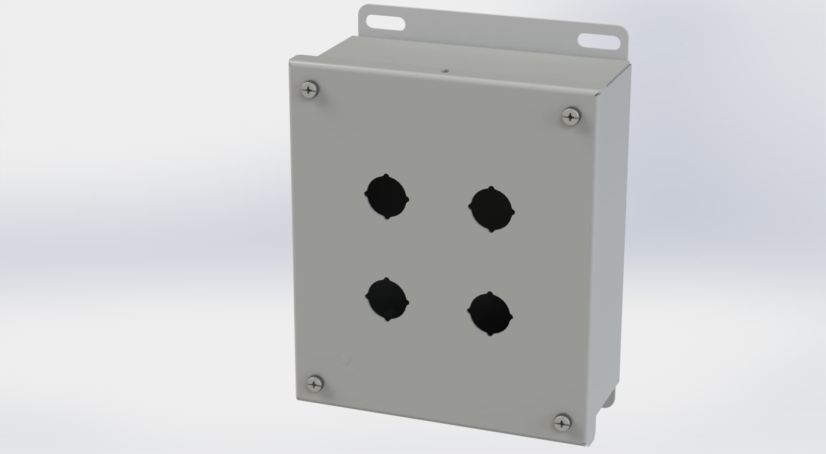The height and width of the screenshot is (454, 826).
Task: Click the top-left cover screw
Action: click(310, 90)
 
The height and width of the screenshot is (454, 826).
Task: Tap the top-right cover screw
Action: click(570, 116)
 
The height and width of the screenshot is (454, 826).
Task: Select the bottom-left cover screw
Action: click(314, 384)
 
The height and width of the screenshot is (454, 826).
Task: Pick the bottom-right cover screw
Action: click(562, 423)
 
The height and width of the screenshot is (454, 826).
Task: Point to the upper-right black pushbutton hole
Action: click(492, 210)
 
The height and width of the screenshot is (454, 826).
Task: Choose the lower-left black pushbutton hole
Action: click(387, 300)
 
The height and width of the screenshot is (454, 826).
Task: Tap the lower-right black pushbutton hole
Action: click(490, 314)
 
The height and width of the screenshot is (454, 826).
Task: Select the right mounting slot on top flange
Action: click(599, 41)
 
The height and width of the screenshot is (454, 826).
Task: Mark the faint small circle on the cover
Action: click(344, 360)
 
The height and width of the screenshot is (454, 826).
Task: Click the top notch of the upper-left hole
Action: click(386, 176)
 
